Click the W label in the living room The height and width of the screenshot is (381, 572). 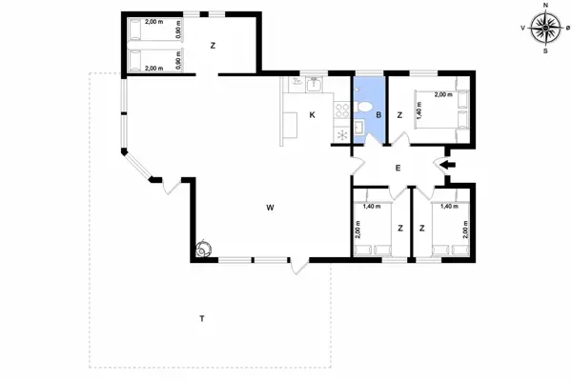271,207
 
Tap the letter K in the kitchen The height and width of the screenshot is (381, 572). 312,116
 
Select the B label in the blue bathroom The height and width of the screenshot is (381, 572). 378,116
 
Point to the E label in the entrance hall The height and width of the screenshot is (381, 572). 398,169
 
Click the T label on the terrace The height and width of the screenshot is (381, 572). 201,317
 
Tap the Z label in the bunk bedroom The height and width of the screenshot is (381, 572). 214,45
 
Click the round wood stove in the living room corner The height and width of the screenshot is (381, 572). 202,250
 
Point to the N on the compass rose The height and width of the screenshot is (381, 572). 545,5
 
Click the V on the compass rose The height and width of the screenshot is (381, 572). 522,29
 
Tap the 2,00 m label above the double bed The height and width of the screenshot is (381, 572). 442,94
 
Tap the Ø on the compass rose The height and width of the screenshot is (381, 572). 568,29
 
